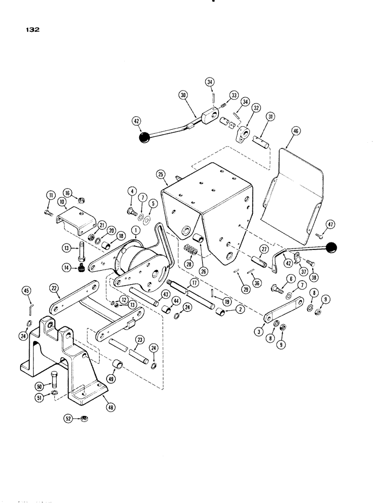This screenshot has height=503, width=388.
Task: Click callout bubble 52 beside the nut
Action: [68, 417]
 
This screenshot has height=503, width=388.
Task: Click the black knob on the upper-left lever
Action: [145, 137]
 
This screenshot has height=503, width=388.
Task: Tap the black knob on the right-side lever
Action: [331, 247]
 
